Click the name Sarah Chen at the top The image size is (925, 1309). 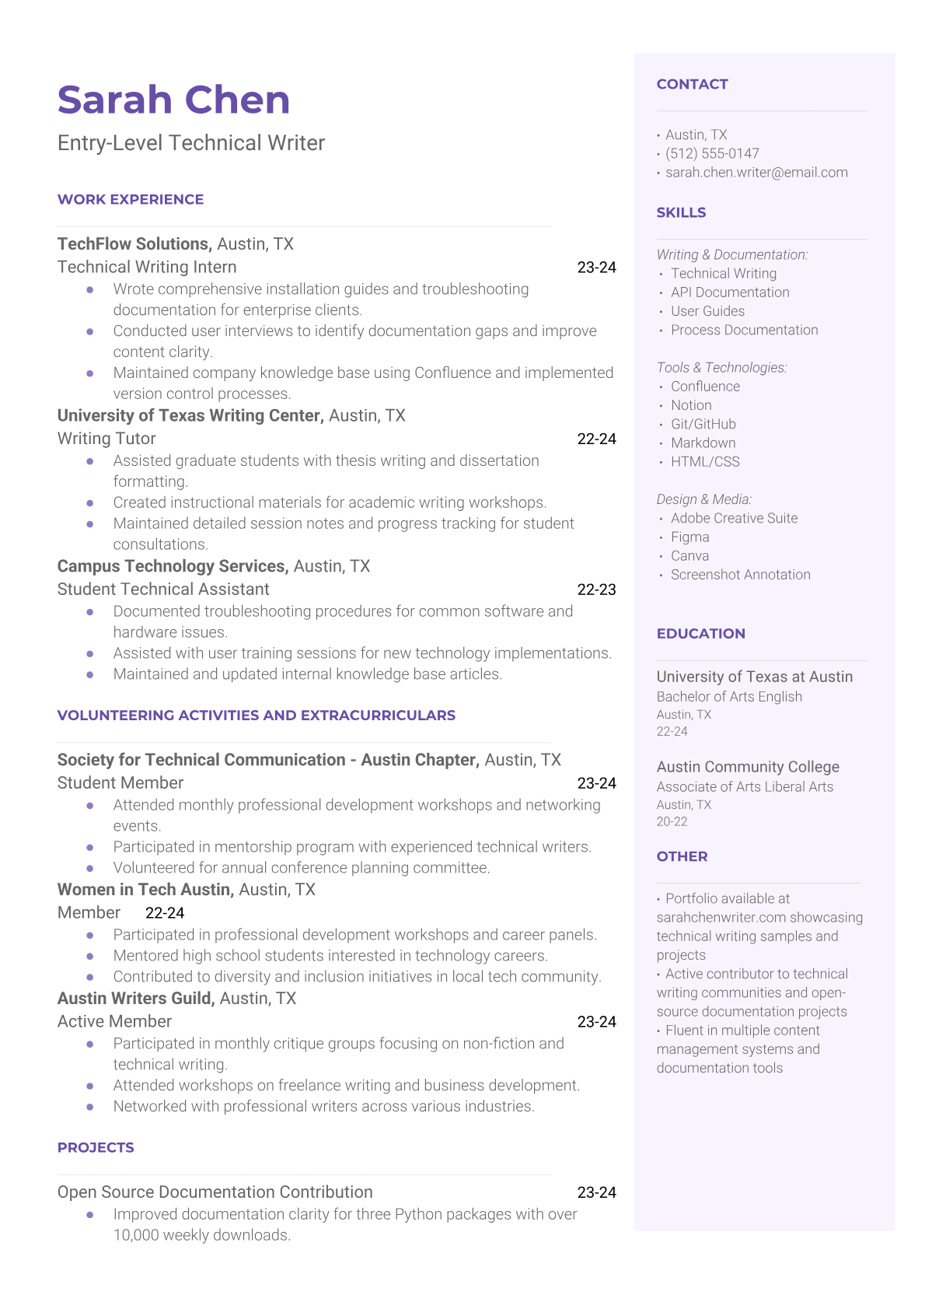click(173, 100)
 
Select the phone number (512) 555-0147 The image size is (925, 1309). click(712, 153)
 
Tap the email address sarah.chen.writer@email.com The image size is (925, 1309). click(756, 173)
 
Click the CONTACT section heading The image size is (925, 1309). click(692, 84)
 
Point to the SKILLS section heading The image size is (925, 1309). click(681, 212)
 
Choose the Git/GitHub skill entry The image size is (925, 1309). click(703, 424)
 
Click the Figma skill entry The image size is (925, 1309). click(689, 537)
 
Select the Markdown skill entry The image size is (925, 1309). click(703, 443)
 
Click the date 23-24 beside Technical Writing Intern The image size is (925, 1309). click(596, 268)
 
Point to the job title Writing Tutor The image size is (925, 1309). click(106, 439)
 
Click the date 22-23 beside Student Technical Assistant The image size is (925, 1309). click(596, 590)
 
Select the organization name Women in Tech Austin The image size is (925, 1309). click(145, 890)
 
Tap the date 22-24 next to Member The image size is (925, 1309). click(165, 913)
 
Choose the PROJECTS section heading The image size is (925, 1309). click(96, 1147)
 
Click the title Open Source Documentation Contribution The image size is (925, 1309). click(215, 1192)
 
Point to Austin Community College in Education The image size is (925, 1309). click(748, 767)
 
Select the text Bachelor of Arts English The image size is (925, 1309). click(729, 697)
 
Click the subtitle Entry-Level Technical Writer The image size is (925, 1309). click(191, 143)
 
